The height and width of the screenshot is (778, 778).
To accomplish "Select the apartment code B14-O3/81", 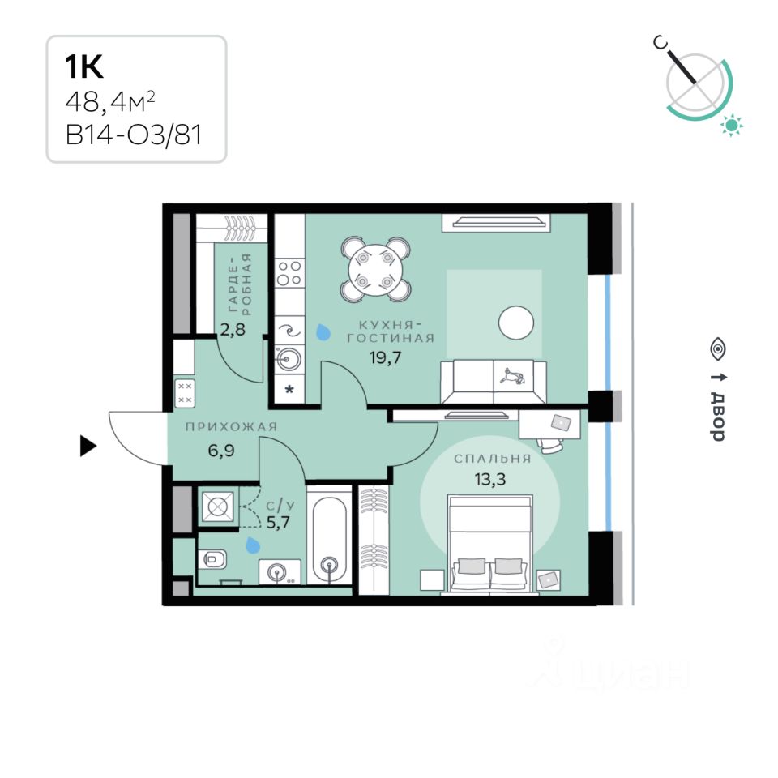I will (x=134, y=134).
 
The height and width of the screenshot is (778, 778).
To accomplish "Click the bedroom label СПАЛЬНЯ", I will (x=492, y=459).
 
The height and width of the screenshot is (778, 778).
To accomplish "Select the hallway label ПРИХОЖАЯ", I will (x=231, y=427).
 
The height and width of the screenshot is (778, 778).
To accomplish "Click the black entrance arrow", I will (x=88, y=446).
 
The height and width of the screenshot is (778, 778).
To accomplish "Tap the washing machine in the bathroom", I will (x=216, y=506).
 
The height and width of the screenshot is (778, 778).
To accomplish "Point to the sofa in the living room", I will (x=492, y=381).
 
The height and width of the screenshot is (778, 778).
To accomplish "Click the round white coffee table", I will (x=515, y=323).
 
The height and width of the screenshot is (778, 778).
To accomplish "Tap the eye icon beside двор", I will (x=717, y=348).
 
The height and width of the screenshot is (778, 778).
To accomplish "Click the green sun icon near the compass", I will (x=733, y=125).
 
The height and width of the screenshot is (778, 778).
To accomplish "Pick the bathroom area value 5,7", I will (x=278, y=522).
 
